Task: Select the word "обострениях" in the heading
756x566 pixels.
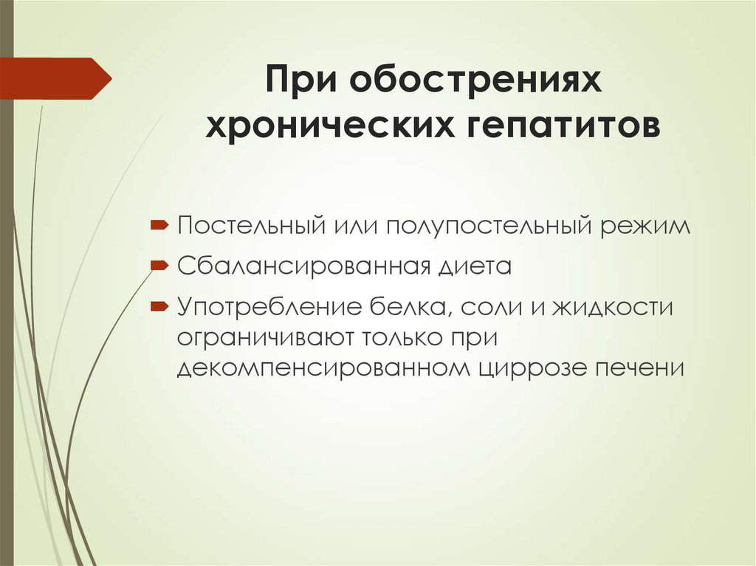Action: [x=477, y=80]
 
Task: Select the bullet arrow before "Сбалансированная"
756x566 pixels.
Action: [x=160, y=264]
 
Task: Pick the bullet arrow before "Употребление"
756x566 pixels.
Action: [x=160, y=305]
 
